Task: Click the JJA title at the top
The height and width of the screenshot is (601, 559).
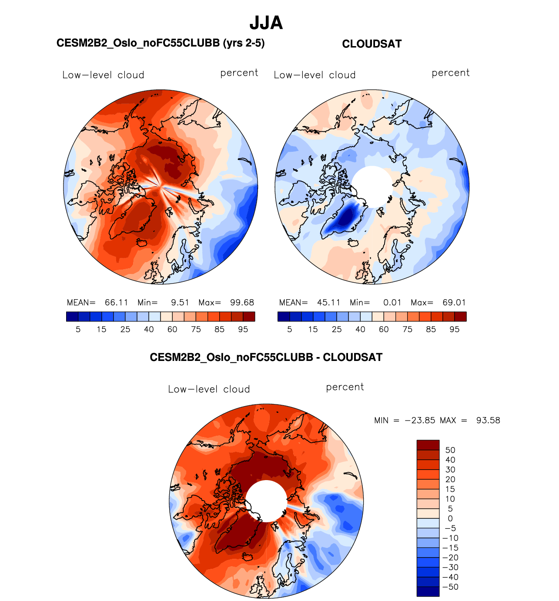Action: pos(266,23)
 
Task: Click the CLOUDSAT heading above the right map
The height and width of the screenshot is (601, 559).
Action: pos(372,44)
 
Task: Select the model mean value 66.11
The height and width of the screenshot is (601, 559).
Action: pos(116,303)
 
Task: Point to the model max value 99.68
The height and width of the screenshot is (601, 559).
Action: pos(242,303)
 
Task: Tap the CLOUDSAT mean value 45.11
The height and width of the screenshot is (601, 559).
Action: pos(328,303)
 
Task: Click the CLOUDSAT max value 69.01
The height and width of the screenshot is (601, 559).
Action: pos(454,303)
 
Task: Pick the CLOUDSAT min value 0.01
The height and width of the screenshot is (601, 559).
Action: pos(392,303)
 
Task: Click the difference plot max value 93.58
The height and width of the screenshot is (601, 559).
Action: pos(488,421)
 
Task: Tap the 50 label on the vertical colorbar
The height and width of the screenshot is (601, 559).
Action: pos(450,450)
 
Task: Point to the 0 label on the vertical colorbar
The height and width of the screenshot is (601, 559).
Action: pos(450,518)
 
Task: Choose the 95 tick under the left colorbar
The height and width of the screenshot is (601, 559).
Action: pos(243,330)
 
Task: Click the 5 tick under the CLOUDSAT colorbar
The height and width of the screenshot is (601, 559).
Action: pos(290,330)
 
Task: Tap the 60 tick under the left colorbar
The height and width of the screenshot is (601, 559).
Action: pos(172,330)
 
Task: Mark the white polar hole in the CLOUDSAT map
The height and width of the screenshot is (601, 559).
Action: pos(372,187)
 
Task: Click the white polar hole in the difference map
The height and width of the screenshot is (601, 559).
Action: pos(266,501)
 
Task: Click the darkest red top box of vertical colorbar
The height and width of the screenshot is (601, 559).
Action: pos(428,445)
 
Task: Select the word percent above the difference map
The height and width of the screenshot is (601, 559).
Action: pos(345,387)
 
